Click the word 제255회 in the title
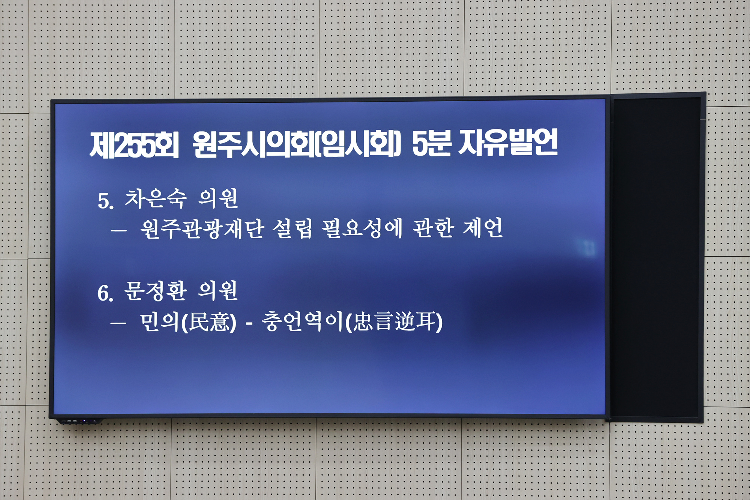[x=134, y=144]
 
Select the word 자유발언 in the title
[x=508, y=143]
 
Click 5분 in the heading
[x=431, y=143]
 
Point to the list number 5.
[x=105, y=201]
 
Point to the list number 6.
[x=105, y=293]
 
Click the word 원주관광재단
[x=202, y=229]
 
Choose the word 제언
[x=483, y=228]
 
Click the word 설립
[x=292, y=228]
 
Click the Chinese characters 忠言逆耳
[x=394, y=322]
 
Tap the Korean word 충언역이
[x=302, y=322]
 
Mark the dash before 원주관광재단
[x=118, y=231]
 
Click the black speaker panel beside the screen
[x=656, y=257]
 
